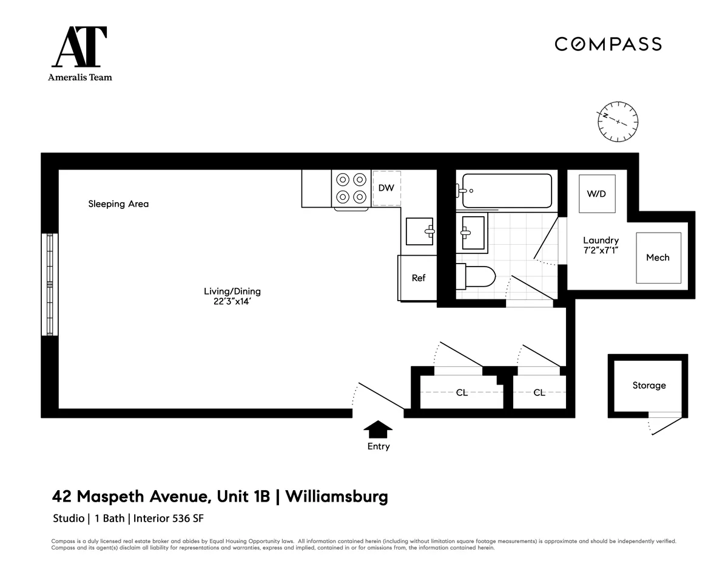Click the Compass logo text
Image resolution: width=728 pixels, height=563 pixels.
point(608,44)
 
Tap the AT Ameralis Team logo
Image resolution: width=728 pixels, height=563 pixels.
point(80,53)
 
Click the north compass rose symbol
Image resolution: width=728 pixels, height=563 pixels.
point(618,121)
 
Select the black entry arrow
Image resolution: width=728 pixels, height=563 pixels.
point(378,429)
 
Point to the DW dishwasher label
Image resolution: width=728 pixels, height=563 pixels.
point(386,188)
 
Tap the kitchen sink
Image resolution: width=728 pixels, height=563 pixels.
point(420,231)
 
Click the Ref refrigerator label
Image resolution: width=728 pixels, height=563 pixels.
point(419,278)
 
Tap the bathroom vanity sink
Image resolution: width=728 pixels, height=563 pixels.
point(473,233)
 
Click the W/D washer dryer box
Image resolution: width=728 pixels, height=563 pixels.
point(596,193)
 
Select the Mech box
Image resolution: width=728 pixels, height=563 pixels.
point(658,258)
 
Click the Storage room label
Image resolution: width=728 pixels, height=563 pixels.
point(649,386)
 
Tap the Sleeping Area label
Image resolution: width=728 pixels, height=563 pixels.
point(118,204)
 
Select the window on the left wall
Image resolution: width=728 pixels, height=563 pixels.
point(50,284)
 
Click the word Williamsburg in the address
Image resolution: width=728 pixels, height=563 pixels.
point(336,497)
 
